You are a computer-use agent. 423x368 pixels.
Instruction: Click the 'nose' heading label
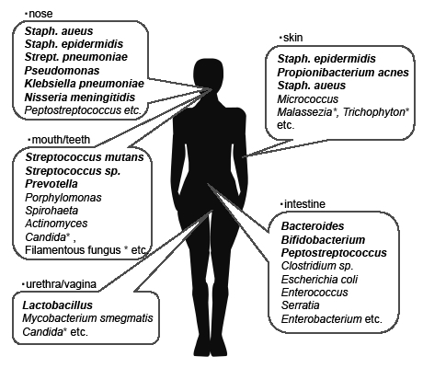coord(40,14)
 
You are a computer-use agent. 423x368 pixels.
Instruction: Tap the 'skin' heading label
coord(293,38)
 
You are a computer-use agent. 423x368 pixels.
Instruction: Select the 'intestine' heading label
coord(304,204)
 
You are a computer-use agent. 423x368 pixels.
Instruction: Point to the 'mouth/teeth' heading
coord(61,140)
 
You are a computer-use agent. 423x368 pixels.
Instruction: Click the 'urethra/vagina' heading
coord(62,284)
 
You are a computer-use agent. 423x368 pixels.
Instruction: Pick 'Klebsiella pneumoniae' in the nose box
coord(85,84)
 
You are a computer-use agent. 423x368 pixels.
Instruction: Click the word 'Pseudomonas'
coord(62,71)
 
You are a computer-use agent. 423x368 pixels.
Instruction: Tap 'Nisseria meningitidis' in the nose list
coord(80,98)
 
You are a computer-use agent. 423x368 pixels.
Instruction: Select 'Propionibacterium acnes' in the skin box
coord(343,73)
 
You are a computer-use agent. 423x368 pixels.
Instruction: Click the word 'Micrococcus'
coord(308,99)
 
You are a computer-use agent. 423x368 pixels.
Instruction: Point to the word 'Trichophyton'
coord(374,112)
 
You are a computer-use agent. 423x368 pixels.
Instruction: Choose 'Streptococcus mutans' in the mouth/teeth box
coord(85,157)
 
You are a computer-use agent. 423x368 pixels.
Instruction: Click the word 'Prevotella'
coord(51,184)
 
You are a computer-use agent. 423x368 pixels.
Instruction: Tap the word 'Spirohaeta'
coord(51,211)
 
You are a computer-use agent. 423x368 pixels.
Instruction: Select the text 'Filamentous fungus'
coord(73,250)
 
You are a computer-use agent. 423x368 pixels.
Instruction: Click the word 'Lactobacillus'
coord(58,305)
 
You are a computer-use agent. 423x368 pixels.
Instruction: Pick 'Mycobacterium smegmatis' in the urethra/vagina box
coord(87,318)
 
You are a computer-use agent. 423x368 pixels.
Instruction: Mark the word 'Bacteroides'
coord(313,226)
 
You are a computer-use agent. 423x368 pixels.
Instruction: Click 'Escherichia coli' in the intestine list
coord(319,280)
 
